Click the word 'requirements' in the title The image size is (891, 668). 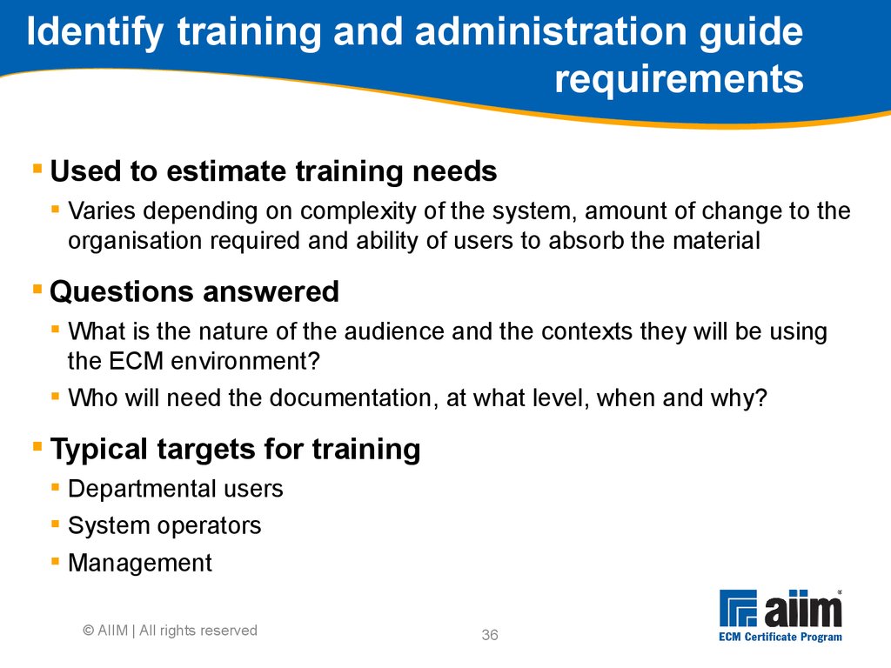(x=679, y=78)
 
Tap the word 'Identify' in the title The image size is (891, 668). (x=95, y=32)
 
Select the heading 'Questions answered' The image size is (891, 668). (x=194, y=292)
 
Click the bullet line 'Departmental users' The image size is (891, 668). (x=176, y=489)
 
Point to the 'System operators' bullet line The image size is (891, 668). (x=164, y=526)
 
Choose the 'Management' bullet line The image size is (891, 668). (x=140, y=563)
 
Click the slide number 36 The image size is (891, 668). (x=490, y=635)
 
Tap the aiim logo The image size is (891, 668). (x=780, y=608)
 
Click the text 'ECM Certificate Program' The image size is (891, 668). (x=780, y=637)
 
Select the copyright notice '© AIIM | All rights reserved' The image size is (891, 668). (x=170, y=631)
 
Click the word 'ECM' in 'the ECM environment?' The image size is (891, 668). (x=136, y=361)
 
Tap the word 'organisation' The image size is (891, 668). (x=135, y=241)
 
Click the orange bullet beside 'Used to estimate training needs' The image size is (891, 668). (x=37, y=169)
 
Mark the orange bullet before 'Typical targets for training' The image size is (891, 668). (x=37, y=446)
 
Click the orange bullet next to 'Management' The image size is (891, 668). (x=55, y=561)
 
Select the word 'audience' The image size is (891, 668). (x=394, y=331)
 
